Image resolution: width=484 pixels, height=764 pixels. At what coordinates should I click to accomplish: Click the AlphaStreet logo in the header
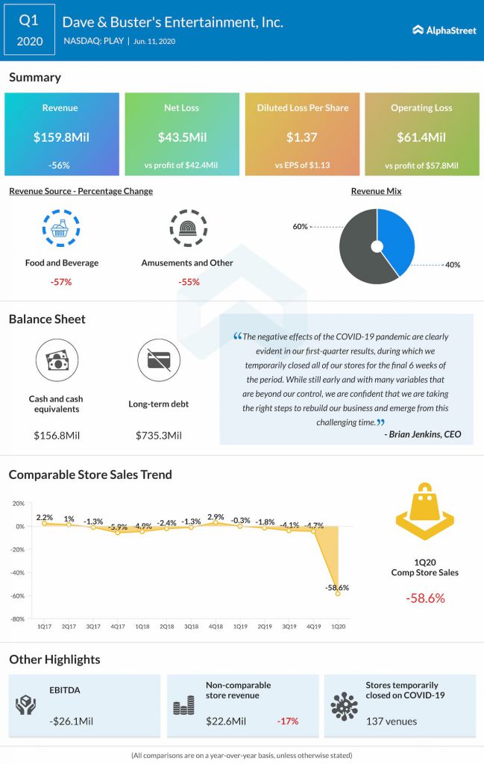pyautogui.click(x=439, y=30)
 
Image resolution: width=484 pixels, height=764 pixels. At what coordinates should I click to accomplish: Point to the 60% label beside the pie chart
pyautogui.click(x=301, y=226)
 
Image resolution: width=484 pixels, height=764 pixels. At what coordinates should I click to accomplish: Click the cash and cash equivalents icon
pyautogui.click(x=57, y=361)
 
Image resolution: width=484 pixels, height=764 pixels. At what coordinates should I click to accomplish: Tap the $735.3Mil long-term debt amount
pyautogui.click(x=158, y=435)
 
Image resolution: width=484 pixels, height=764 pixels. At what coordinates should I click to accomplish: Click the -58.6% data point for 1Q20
pyautogui.click(x=338, y=594)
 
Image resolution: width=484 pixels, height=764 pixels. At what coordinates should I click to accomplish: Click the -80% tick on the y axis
pyautogui.click(x=18, y=619)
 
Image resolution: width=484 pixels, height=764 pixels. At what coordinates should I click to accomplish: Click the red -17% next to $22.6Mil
pyautogui.click(x=289, y=721)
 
